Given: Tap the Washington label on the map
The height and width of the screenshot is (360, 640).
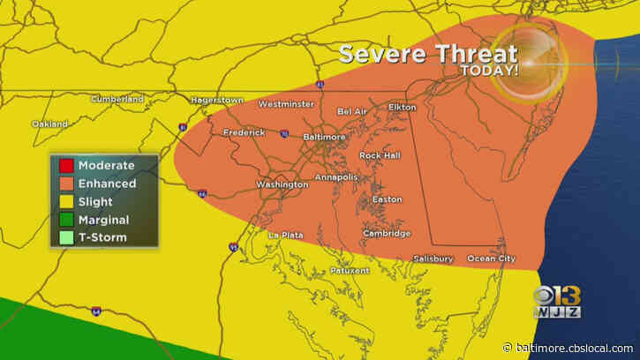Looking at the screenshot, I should (282, 184).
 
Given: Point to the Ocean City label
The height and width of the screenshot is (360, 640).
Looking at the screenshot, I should (490, 259).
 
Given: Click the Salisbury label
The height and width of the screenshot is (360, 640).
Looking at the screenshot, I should (433, 259).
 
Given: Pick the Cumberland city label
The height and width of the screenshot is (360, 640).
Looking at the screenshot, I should (117, 100).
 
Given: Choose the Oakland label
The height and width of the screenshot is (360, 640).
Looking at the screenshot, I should (49, 124).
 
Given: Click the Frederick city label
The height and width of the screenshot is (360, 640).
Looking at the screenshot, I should (244, 132).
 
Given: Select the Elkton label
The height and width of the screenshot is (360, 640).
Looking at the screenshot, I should (401, 107).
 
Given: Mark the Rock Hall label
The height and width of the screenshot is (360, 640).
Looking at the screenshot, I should (380, 155).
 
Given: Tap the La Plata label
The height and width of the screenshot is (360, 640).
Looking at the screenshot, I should (285, 235).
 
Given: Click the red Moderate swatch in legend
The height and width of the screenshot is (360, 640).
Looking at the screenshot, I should (66, 166).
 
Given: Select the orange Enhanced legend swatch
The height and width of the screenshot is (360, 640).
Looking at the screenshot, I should (66, 184).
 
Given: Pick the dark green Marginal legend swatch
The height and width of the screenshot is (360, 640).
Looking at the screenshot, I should (66, 220).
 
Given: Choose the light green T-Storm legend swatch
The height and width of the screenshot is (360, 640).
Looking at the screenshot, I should (66, 237).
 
